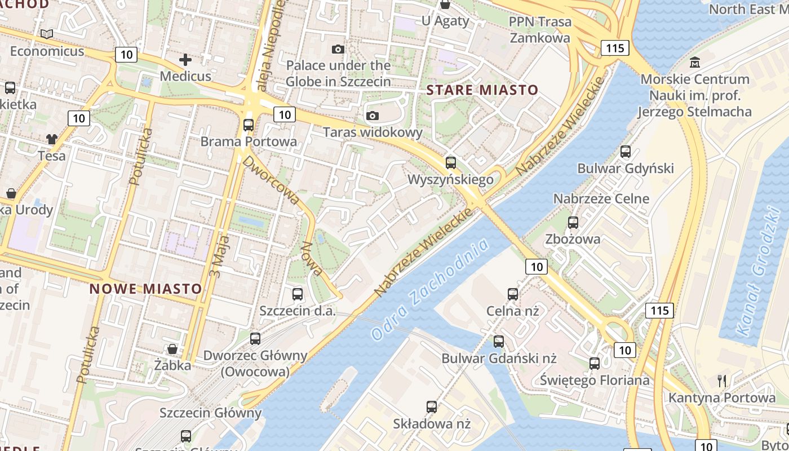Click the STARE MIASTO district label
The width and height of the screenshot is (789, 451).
[482, 90]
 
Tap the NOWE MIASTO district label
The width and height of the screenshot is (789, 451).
[145, 289]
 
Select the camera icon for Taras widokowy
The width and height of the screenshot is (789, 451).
[372, 116]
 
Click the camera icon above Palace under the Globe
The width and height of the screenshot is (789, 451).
[338, 50]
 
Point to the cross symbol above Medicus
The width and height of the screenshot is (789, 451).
[185, 59]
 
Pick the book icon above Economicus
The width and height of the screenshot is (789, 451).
[47, 34]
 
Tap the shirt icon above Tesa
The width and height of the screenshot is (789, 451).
[52, 139]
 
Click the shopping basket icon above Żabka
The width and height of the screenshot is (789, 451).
[172, 349]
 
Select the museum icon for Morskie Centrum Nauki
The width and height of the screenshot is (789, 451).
[695, 62]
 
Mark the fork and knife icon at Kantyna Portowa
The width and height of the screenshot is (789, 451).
[722, 381]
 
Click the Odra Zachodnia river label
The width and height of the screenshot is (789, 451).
[430, 290]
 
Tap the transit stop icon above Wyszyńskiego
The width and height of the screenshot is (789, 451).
[450, 163]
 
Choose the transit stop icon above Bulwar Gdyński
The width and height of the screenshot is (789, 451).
[626, 152]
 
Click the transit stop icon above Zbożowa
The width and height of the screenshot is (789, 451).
[573, 223]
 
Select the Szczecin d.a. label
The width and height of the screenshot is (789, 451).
[297, 311]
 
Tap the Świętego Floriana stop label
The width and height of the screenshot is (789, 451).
[595, 380]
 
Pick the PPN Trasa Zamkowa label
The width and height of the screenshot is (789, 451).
[540, 30]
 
